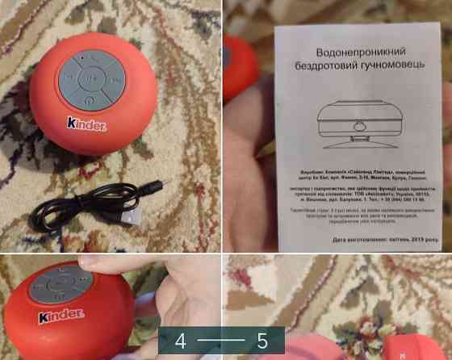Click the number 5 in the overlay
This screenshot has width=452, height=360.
(262, 340)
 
